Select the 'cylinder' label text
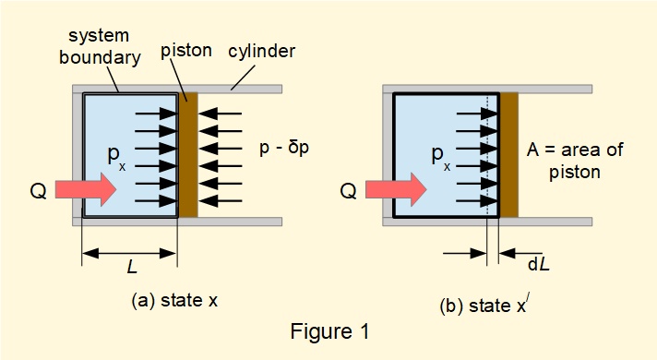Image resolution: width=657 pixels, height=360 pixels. click(x=264, y=51)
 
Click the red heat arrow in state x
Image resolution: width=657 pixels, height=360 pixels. click(x=85, y=190)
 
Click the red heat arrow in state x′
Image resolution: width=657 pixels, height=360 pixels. click(x=396, y=190)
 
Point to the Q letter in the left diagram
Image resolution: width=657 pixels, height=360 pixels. click(x=38, y=191)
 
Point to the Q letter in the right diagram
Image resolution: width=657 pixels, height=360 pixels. click(x=349, y=191)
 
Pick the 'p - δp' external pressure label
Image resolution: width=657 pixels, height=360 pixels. click(x=282, y=148)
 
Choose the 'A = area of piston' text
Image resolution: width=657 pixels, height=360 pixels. click(x=574, y=159)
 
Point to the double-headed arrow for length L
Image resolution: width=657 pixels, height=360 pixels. click(x=128, y=250)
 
